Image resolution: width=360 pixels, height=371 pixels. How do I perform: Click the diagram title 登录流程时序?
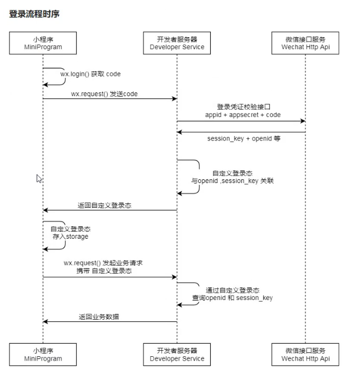[34, 14]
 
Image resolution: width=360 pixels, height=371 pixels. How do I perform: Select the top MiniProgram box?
[43, 43]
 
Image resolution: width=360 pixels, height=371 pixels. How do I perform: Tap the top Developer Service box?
[177, 43]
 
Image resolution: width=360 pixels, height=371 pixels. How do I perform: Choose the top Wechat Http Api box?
[305, 43]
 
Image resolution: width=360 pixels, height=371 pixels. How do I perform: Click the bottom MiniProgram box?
[43, 355]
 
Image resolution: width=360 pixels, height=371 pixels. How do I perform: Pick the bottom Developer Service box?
[177, 355]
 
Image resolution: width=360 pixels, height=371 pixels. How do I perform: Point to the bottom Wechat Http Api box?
[305, 355]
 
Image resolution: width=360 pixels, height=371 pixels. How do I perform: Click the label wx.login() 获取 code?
[90, 74]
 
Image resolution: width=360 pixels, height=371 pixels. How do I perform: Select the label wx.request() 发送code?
[104, 94]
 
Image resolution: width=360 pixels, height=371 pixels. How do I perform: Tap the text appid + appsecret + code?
[243, 115]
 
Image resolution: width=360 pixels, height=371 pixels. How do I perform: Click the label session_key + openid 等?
[243, 138]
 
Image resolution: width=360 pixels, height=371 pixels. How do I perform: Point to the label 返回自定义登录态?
[104, 205]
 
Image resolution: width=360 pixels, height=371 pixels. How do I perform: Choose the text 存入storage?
[71, 237]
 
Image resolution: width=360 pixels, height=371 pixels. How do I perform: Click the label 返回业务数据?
[99, 316]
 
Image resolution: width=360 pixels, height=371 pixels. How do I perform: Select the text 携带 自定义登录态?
[104, 270]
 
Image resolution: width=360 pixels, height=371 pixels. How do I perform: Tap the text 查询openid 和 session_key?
[233, 298]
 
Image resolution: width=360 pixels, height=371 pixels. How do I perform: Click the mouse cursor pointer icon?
[39, 179]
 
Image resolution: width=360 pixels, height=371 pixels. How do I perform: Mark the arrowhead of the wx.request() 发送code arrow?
[175, 99]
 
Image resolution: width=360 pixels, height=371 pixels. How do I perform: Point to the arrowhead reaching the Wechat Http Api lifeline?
[303, 121]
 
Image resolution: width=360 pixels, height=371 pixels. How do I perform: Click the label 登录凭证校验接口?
[243, 107]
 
